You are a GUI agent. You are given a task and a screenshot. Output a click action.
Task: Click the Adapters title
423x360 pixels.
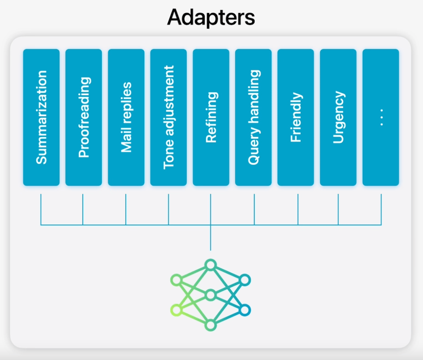(211, 17)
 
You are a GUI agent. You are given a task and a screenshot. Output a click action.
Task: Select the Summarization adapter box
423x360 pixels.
(41, 117)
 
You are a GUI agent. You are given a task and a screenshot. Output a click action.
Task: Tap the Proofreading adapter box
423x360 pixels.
(84, 117)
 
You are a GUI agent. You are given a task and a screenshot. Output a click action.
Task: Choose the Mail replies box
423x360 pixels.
(126, 117)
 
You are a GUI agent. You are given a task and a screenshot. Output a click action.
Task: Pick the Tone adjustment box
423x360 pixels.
(168, 117)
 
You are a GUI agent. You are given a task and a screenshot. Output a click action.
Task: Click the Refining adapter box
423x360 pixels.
(211, 117)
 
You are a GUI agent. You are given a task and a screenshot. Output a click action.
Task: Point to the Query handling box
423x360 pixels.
(253, 117)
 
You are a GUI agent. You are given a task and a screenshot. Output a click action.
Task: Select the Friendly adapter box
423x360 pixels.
(296, 117)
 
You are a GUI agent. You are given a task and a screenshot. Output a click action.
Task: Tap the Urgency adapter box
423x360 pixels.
(338, 117)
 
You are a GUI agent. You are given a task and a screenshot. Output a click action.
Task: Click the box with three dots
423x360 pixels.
(380, 117)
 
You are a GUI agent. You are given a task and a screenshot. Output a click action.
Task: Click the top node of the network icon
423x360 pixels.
(211, 265)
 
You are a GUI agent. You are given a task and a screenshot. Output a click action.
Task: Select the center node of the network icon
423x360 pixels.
(211, 295)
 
